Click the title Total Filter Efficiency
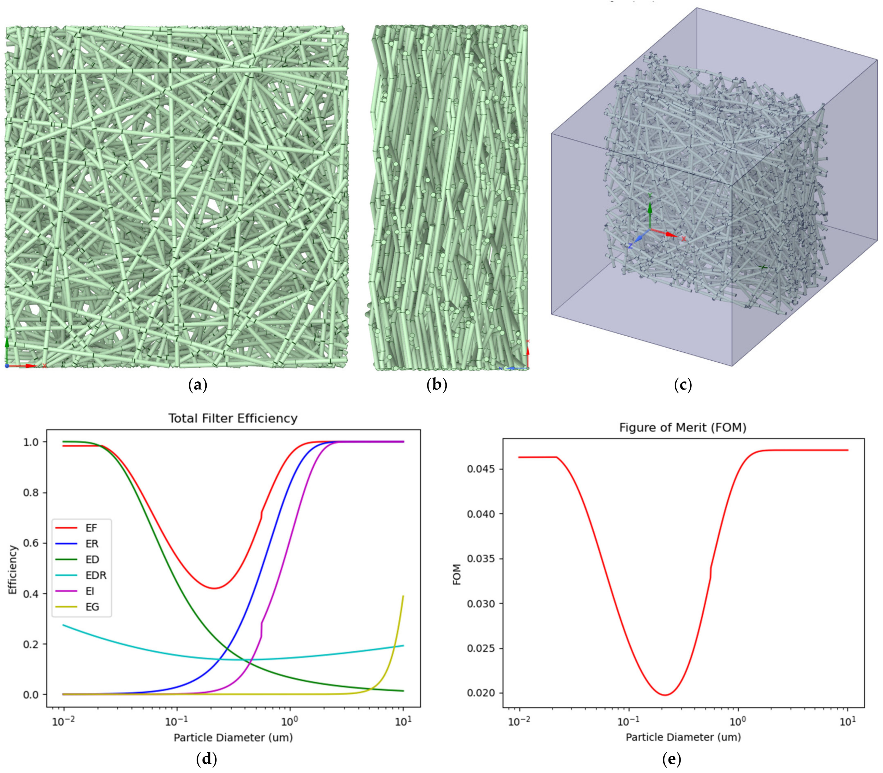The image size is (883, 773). pyautogui.click(x=233, y=418)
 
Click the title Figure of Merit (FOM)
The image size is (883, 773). pyautogui.click(x=683, y=427)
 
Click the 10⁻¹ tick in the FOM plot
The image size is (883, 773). pyautogui.click(x=629, y=721)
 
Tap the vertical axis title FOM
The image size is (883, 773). pyautogui.click(x=457, y=574)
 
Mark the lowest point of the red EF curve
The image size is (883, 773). pyautogui.click(x=214, y=588)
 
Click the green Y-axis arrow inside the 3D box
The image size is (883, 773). pyautogui.click(x=650, y=210)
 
